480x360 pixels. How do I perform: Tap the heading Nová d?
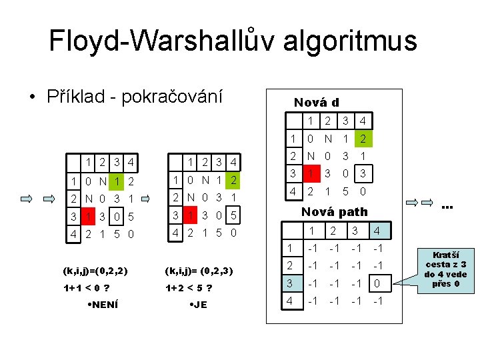coord(317,102)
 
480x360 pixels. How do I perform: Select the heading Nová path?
coord(335,211)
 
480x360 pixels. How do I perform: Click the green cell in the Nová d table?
coord(362,139)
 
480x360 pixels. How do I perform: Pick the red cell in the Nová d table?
coord(311,173)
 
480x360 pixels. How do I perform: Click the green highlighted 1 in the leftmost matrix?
coord(117,181)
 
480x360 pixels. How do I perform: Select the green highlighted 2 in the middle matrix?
coord(233,180)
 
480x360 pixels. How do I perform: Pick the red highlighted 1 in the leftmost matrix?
coord(87,216)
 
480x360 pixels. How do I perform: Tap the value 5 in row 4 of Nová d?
coord(345,191)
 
